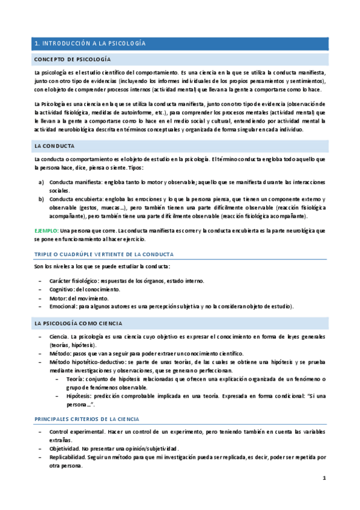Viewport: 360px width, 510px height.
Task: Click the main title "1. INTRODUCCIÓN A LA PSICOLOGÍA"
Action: (x=90, y=44)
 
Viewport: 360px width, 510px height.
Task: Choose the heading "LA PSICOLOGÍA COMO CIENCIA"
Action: (x=78, y=324)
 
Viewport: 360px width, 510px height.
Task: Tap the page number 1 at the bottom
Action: (x=323, y=479)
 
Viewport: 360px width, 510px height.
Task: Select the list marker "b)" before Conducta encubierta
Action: (x=41, y=199)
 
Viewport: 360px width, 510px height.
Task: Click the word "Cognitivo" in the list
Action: (x=63, y=289)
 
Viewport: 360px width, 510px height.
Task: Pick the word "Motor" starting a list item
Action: (x=58, y=298)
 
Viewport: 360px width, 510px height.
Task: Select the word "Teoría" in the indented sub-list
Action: (x=74, y=379)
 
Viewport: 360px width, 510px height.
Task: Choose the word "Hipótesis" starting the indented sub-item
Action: (x=77, y=396)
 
